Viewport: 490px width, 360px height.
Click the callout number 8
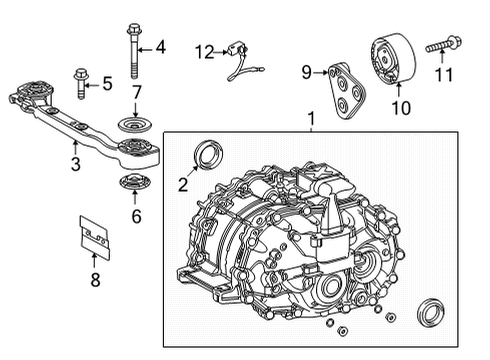click(95, 281)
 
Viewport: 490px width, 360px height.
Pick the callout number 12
click(203, 51)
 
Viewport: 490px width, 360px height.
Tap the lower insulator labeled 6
click(133, 184)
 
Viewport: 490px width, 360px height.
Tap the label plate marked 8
click(95, 237)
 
